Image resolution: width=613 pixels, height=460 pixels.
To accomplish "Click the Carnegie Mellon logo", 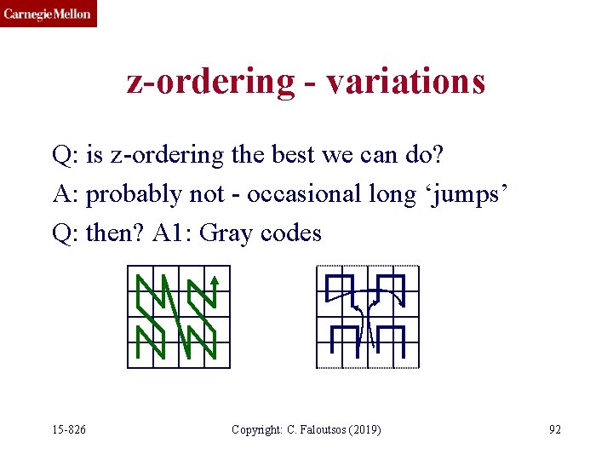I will pyautogui.click(x=48, y=14).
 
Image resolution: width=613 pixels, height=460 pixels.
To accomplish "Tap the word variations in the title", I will pyautogui.click(x=406, y=81).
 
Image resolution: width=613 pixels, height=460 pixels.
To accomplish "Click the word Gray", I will pyautogui.click(x=227, y=233).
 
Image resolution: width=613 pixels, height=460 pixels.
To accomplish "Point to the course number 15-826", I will pyautogui.click(x=68, y=429).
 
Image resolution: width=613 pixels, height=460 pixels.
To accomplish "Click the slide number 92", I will pyautogui.click(x=555, y=429).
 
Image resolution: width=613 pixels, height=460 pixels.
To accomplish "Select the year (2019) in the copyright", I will pyautogui.click(x=364, y=429).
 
